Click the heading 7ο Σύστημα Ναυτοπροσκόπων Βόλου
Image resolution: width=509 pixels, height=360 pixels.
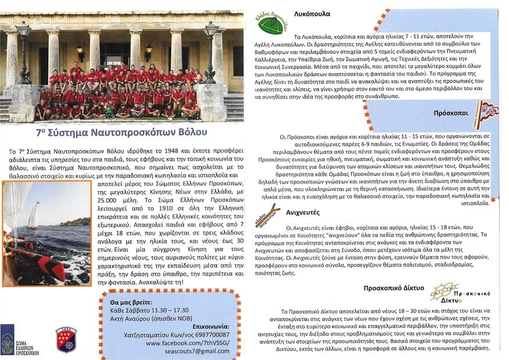[x=121, y=132]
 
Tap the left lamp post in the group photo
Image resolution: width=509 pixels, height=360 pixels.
[x=23, y=52]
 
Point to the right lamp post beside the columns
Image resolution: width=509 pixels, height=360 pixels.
[x=211, y=52]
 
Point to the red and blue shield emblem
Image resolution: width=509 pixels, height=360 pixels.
[x=66, y=339]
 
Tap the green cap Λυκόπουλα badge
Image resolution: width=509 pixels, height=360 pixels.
[x=271, y=24]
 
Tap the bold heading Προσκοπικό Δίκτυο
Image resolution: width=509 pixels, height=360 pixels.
[x=393, y=287]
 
